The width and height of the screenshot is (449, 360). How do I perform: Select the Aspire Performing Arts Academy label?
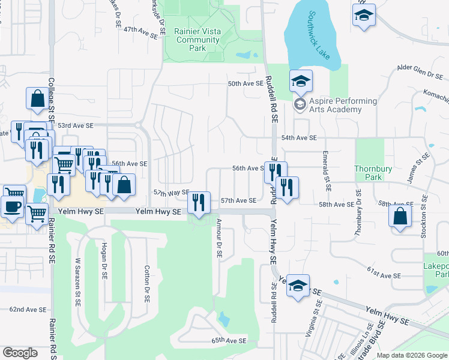343,105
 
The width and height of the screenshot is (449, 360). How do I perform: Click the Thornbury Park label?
368,173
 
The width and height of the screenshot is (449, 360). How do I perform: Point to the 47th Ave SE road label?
140,37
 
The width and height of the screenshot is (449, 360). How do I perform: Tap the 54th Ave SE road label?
298,138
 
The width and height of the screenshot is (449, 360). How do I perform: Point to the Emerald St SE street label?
328,171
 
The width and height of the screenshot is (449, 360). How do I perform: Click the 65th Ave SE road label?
229,340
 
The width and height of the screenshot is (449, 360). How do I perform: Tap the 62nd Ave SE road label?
28,310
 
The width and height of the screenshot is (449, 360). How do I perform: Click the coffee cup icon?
11,207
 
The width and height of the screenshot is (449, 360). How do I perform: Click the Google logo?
20,353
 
